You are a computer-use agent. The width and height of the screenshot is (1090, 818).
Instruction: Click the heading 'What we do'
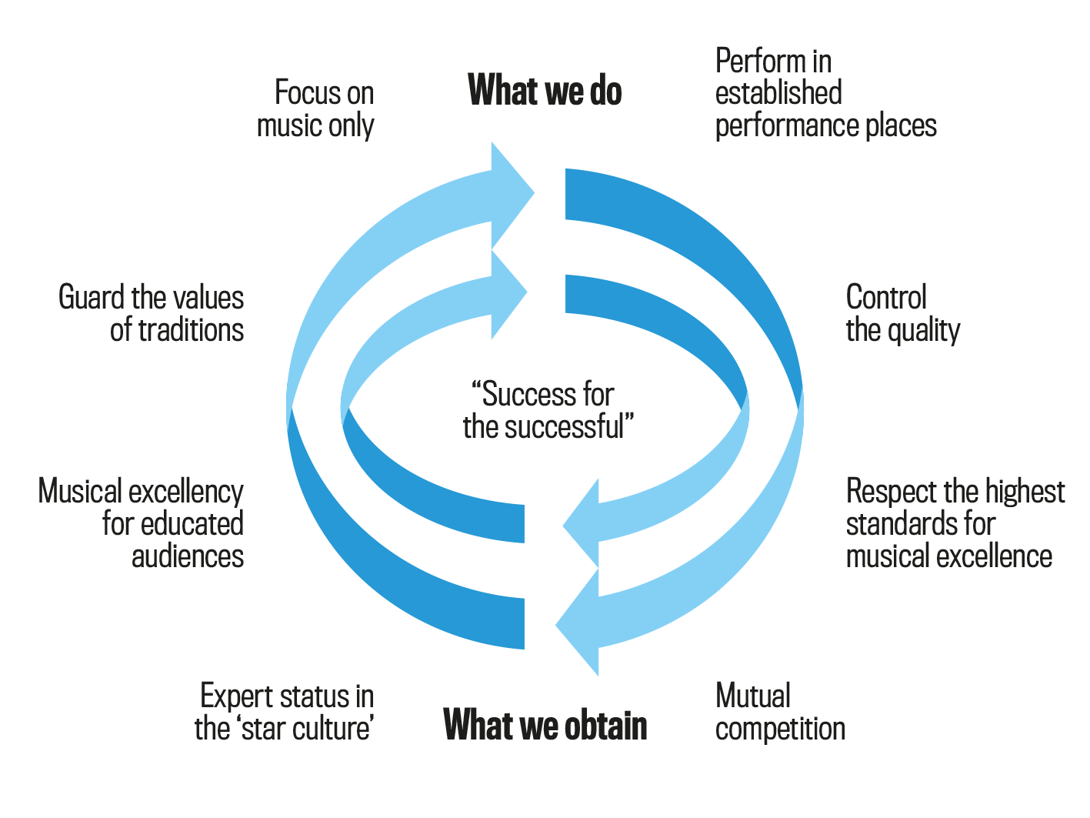click(545, 91)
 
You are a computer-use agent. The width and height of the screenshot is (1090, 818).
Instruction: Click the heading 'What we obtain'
click(545, 725)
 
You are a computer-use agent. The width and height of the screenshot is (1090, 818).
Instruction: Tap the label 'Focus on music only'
click(316, 109)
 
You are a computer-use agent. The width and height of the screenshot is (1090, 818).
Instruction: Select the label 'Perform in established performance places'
click(825, 93)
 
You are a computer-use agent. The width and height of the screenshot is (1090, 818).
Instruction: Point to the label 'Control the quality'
click(902, 313)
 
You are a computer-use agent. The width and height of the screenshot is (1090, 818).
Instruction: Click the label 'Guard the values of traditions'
click(152, 313)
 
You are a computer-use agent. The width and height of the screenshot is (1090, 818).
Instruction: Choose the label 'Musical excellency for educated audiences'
click(142, 523)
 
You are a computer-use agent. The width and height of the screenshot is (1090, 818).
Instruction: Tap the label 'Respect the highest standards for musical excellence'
click(954, 523)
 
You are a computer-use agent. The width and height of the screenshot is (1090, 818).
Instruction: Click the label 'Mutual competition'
click(779, 712)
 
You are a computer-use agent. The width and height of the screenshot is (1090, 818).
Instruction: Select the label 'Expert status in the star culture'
click(285, 712)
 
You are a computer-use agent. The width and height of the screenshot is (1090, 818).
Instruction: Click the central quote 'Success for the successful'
click(547, 410)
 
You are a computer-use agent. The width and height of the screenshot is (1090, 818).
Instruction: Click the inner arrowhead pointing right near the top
click(507, 293)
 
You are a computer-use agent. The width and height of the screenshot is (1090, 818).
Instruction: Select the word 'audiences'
click(188, 556)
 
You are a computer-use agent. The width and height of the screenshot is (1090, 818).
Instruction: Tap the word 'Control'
click(886, 297)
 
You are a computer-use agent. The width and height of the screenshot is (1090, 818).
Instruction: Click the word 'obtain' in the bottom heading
click(606, 725)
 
